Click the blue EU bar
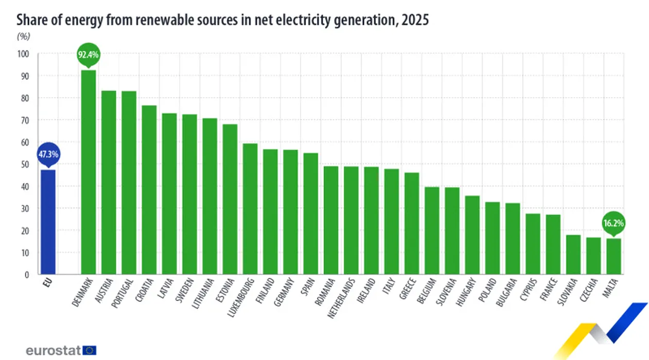click(48, 222)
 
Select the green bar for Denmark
click(89, 172)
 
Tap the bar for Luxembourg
click(250, 209)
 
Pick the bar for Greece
click(412, 223)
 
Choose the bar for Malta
click(613, 256)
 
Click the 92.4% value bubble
click(89, 55)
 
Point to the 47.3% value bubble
click(48, 154)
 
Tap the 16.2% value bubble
click(613, 223)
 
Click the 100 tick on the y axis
click(23, 54)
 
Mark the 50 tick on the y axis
click(25, 165)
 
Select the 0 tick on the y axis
click(27, 275)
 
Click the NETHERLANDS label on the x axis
click(341, 298)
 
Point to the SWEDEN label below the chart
click(185, 290)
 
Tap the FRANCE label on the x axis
click(549, 289)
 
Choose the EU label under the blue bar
click(47, 283)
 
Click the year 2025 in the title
click(415, 20)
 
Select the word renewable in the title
click(170, 20)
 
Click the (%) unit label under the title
click(24, 37)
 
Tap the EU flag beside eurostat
click(90, 350)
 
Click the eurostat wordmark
click(53, 351)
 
